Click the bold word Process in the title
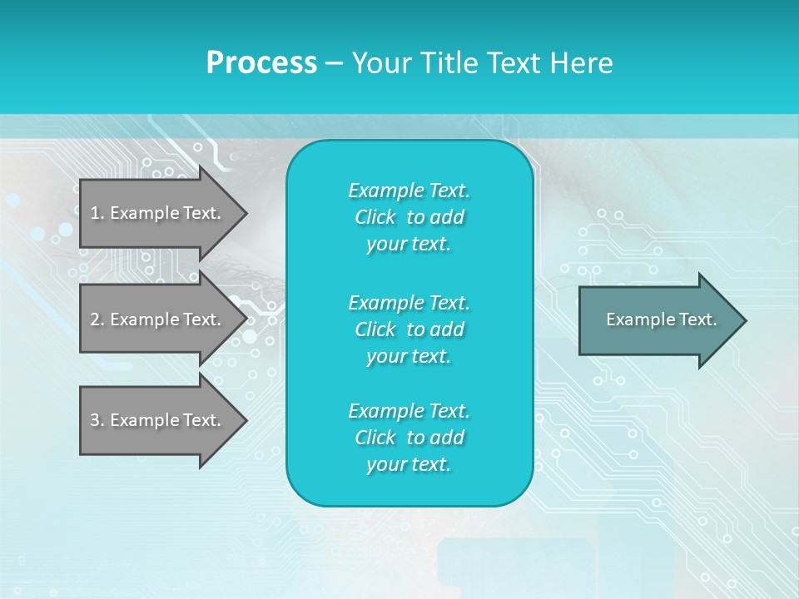coord(261,63)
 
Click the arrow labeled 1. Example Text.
coord(158,213)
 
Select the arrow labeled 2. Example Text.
coord(158,319)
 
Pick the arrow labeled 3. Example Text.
coord(158,420)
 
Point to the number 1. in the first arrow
coord(97,213)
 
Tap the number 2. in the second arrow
coord(97,319)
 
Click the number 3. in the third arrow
coord(97,420)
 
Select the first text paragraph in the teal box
coord(409,217)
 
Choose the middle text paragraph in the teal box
coord(409,329)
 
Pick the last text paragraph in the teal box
coord(409,438)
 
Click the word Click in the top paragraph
coord(375,217)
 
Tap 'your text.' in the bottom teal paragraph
coord(409,465)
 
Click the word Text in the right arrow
coord(696,319)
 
